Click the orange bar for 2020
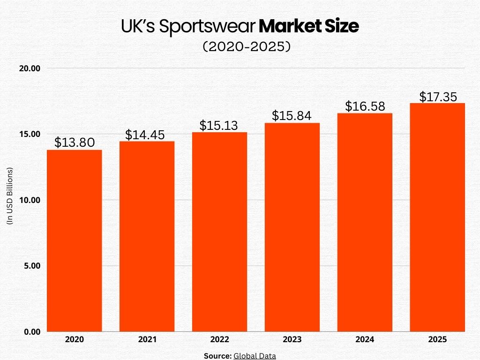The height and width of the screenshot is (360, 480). coord(75,240)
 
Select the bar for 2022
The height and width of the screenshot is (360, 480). coord(219,232)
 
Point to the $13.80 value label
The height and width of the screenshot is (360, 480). coord(75,142)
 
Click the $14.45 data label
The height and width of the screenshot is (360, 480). coord(147,135)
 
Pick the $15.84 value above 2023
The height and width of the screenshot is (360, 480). coord(292,115)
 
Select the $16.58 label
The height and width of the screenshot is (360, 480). coord(365,106)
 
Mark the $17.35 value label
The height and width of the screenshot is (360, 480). coord(438,97)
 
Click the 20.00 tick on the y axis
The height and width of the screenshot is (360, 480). coord(30,68)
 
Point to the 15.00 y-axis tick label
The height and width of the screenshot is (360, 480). coord(30,134)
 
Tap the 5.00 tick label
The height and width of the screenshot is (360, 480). coord(32,266)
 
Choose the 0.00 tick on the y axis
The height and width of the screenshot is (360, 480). coord(32,332)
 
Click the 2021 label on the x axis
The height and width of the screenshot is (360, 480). coord(147,339)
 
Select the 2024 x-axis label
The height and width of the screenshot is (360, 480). coord(365,339)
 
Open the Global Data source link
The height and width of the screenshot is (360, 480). coord(255,356)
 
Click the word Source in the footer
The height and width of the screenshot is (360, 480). coord(217,356)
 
